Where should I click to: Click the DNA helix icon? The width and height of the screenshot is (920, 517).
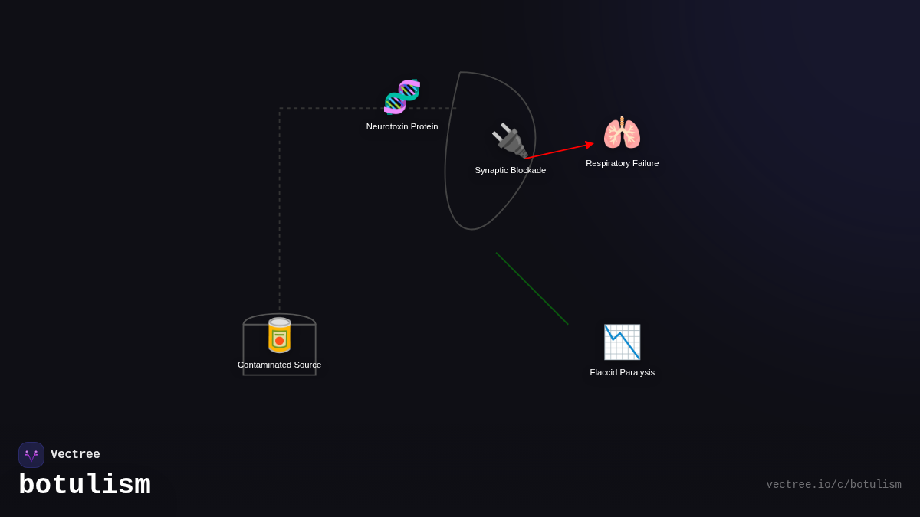pyautogui.click(x=402, y=97)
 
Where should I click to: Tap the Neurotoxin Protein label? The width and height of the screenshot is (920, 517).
pyautogui.click(x=402, y=126)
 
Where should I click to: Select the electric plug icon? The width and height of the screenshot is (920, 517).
pyautogui.click(x=509, y=140)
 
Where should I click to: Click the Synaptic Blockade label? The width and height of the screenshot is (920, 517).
pyautogui.click(x=510, y=170)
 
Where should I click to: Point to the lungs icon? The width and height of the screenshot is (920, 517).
pyautogui.click(x=622, y=133)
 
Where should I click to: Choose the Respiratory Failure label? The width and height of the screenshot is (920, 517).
pyautogui.click(x=622, y=163)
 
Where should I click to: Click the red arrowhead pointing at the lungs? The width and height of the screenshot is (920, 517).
pyautogui.click(x=589, y=144)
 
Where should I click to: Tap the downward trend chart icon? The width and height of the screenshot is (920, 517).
pyautogui.click(x=622, y=342)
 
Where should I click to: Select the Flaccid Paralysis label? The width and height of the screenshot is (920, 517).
pyautogui.click(x=622, y=372)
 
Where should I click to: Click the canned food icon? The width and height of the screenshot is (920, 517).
pyautogui.click(x=279, y=335)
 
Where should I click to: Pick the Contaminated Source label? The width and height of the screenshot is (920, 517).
pyautogui.click(x=279, y=365)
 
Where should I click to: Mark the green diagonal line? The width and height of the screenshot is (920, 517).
pyautogui.click(x=532, y=289)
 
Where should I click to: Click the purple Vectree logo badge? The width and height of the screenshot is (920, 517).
pyautogui.click(x=31, y=455)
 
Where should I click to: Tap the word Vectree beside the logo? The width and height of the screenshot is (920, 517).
pyautogui.click(x=75, y=455)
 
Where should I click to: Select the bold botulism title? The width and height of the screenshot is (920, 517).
pyautogui.click(x=84, y=486)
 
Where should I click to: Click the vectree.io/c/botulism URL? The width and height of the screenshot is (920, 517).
pyautogui.click(x=833, y=485)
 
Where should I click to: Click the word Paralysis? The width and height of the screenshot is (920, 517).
pyautogui.click(x=636, y=372)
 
